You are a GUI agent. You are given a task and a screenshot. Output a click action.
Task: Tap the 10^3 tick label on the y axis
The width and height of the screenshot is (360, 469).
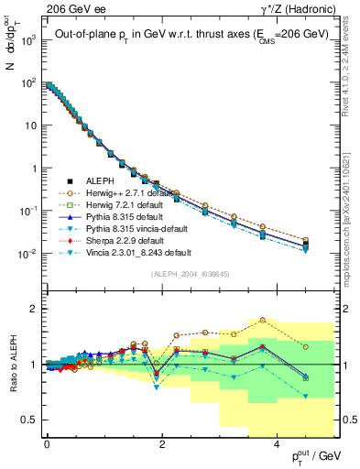click(27, 40)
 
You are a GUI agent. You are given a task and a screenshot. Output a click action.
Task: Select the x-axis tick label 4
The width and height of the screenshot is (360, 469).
click(278, 443)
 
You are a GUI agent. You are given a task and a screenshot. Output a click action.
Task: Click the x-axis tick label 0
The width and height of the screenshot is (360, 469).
click(47, 443)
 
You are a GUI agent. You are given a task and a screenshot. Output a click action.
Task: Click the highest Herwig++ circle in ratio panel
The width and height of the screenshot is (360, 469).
click(263, 320)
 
